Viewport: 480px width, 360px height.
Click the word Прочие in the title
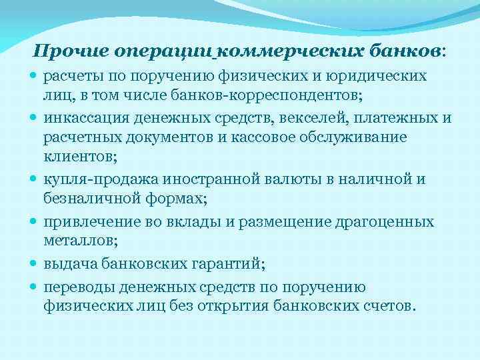pyautogui.click(x=71, y=51)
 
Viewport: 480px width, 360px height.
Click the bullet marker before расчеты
pyautogui.click(x=35, y=76)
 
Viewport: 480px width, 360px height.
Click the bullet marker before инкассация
pyautogui.click(x=35, y=119)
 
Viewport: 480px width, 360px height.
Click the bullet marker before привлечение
pyautogui.click(x=35, y=221)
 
